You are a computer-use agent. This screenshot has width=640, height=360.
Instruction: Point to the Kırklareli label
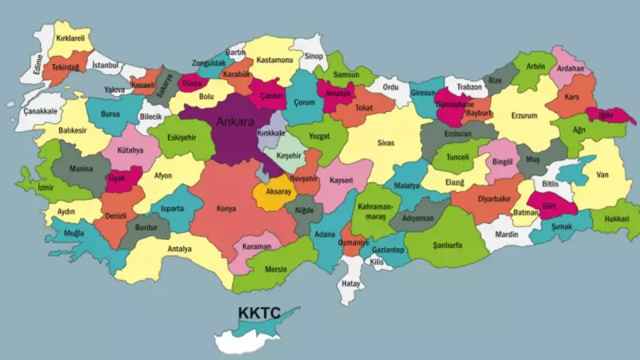pyautogui.click(x=70, y=38)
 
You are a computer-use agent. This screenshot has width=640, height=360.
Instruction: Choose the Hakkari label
pyautogui.click(x=617, y=218)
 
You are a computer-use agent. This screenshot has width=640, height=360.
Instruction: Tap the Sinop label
pyautogui.click(x=314, y=56)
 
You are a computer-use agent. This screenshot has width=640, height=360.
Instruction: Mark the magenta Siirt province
pyautogui.click(x=550, y=206)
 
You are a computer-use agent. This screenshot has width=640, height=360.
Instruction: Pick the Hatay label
pyautogui.click(x=350, y=283)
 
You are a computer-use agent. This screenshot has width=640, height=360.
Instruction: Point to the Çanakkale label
pyautogui.click(x=40, y=110)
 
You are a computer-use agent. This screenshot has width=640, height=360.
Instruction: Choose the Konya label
pyautogui.click(x=226, y=210)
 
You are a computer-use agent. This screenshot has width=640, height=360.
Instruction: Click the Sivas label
pyautogui.click(x=386, y=143)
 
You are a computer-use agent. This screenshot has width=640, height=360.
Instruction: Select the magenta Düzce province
pyautogui.click(x=192, y=82)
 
